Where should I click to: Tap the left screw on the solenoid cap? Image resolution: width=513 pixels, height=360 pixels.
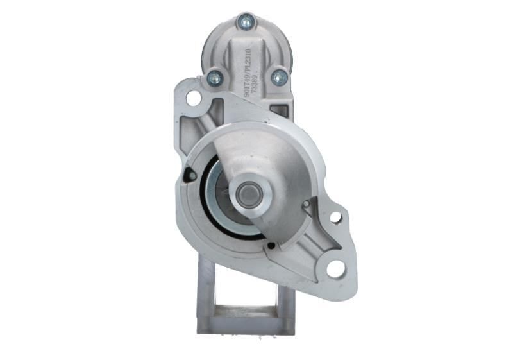214,79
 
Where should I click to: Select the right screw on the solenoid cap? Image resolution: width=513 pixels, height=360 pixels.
278,78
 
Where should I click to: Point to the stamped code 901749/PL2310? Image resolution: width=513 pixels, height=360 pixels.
247,71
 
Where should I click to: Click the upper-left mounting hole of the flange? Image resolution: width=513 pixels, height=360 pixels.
193,98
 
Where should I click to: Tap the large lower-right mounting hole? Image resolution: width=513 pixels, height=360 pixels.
335,269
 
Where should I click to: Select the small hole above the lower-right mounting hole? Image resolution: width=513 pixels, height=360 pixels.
335,218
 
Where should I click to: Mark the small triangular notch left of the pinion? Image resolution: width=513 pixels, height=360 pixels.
189,174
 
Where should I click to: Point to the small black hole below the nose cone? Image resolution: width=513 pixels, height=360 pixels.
271,245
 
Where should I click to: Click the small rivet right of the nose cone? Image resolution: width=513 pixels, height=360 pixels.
307,204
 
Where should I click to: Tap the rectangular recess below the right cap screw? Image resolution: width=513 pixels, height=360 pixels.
280,110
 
